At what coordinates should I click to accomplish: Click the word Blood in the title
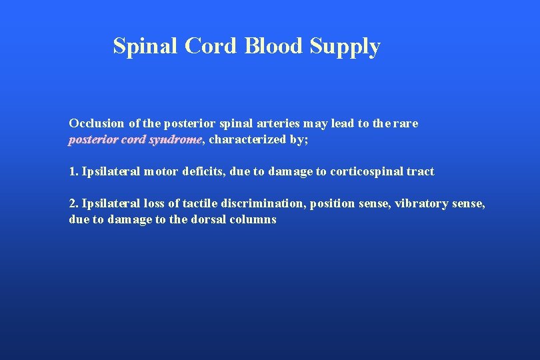(274, 46)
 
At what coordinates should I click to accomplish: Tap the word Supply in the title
(345, 47)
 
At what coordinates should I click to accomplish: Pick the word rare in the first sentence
(407, 123)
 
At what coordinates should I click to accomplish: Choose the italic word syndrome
(175, 140)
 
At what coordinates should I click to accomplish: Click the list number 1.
(73, 171)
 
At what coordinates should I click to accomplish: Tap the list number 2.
(73, 203)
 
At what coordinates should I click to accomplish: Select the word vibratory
(420, 204)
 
